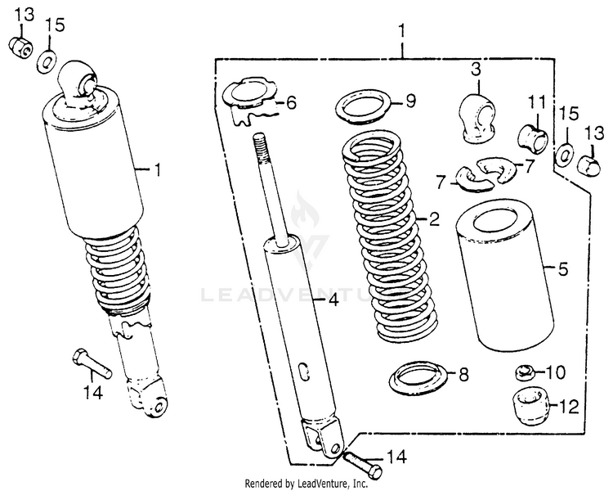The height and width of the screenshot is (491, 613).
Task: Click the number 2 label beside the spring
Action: (x=434, y=218)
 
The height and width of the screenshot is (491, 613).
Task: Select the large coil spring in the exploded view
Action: (x=383, y=237)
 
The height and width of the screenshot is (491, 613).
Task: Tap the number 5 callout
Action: (x=562, y=267)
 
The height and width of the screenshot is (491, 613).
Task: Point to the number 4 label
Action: (x=332, y=300)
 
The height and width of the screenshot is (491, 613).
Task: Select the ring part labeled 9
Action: (x=362, y=105)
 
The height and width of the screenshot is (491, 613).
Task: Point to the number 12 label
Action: (x=570, y=404)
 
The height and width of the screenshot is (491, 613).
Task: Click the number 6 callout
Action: (x=292, y=103)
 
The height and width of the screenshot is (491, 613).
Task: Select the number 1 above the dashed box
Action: (x=401, y=30)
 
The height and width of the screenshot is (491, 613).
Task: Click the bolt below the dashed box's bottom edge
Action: (x=362, y=464)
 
